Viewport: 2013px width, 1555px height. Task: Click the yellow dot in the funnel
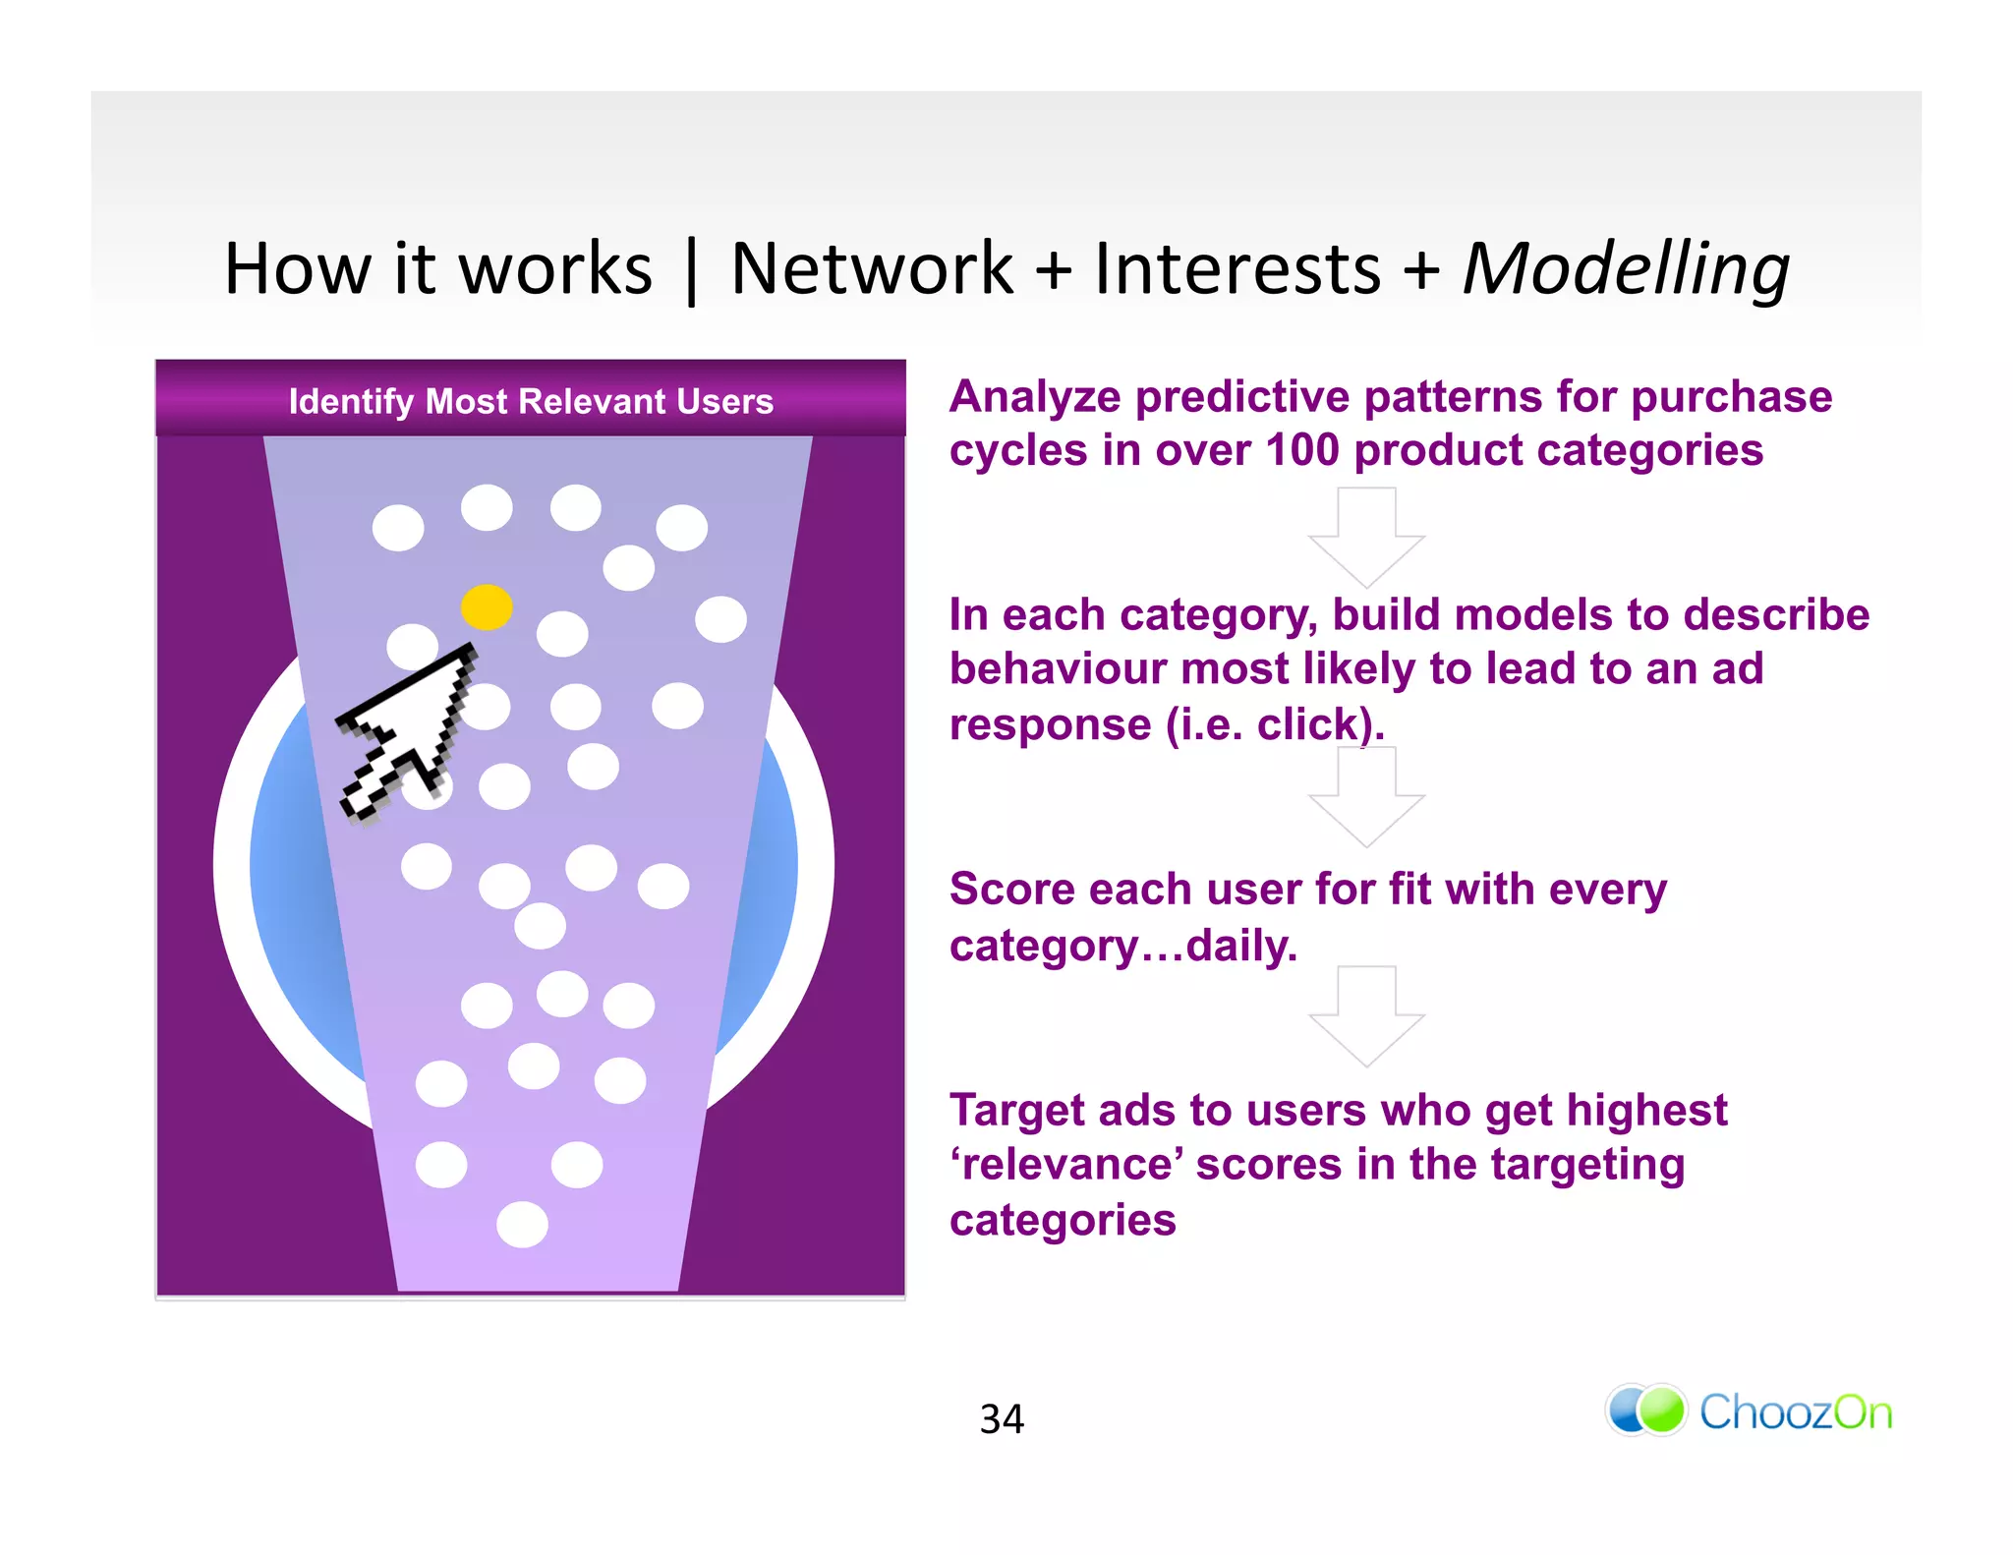[x=487, y=606]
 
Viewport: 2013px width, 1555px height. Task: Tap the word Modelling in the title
[x=1626, y=268]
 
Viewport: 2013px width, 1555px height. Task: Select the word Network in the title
[x=872, y=268]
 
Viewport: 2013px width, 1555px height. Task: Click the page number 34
[x=1002, y=1418]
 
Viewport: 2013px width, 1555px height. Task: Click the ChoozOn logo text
[x=1795, y=1412]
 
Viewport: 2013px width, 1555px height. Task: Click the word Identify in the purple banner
[x=351, y=401]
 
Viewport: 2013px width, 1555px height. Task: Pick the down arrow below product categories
[x=1366, y=539]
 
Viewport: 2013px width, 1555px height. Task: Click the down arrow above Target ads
[x=1366, y=1017]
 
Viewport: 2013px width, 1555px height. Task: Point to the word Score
[x=1011, y=890]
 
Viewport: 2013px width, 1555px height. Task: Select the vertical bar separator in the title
[x=692, y=270]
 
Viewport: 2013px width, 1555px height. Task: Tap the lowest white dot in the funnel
[x=522, y=1225]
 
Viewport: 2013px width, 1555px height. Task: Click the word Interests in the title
[x=1237, y=268]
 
